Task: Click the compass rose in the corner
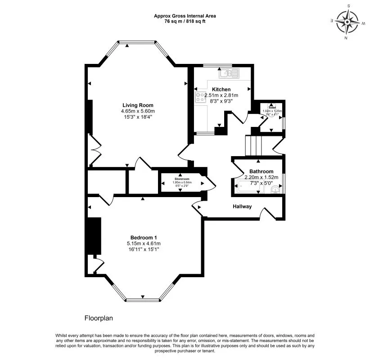point(348,22)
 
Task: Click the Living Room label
point(138,105)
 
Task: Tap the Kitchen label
point(221,90)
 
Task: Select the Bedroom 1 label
point(144,238)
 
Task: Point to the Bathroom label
point(262,171)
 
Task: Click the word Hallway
point(242,207)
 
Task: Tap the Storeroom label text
point(183,179)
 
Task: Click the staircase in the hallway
point(253,145)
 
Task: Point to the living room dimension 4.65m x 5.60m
point(138,111)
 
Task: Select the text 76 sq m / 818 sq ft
point(185,21)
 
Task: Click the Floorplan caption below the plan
point(99,318)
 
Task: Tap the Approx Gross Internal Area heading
point(185,15)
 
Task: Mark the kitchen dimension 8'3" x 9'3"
point(221,101)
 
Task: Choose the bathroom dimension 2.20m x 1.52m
point(262,177)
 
